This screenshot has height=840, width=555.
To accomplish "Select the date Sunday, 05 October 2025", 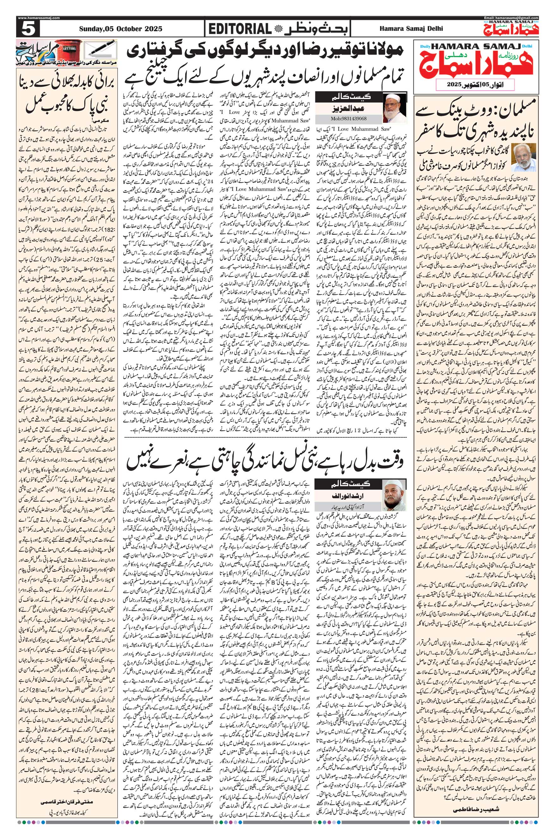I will (x=120, y=29).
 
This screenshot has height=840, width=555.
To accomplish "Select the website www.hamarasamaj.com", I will (x=39, y=18).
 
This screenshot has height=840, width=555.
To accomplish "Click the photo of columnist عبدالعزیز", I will (x=394, y=107).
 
